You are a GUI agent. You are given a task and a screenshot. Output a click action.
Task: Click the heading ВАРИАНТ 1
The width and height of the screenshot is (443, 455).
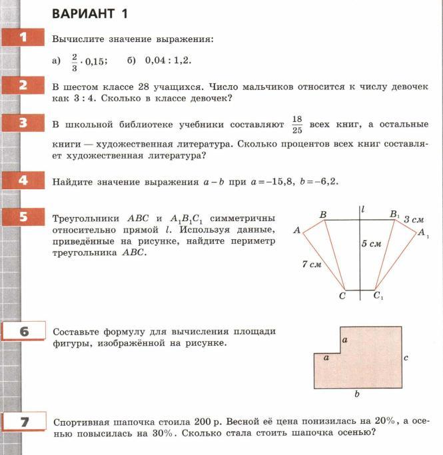(x=90, y=14)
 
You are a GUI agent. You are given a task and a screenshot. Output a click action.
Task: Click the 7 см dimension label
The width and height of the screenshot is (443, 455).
(x=312, y=264)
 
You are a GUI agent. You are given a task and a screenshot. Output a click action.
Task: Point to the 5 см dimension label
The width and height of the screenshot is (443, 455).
(x=372, y=244)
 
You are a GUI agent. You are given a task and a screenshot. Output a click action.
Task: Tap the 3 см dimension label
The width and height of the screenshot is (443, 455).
(x=414, y=219)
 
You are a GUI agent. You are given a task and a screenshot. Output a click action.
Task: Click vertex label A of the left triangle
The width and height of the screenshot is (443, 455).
(x=297, y=230)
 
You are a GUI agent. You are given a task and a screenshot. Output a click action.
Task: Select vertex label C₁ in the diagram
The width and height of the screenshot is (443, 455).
(x=378, y=296)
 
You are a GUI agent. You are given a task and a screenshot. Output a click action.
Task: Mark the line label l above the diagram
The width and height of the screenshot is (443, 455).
(x=362, y=209)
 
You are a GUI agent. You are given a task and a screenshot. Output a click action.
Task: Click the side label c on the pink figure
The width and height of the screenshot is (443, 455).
(x=406, y=358)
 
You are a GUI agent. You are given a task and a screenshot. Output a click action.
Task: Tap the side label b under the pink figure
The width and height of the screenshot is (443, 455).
(x=357, y=394)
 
